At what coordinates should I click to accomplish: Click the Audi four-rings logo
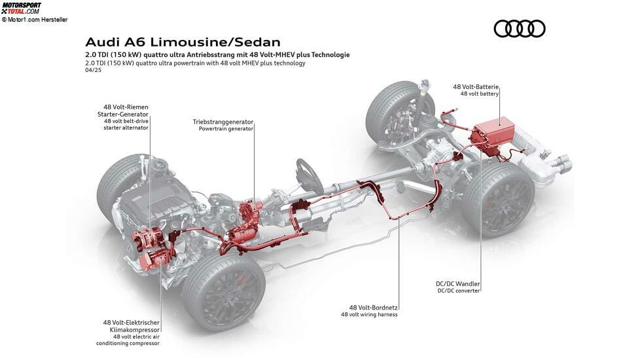519,29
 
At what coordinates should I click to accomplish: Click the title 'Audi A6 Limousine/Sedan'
183,42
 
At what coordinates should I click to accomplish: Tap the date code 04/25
93,70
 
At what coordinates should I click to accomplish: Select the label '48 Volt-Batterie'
476,86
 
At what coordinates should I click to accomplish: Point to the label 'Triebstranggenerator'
223,122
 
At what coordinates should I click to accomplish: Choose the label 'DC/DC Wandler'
457,283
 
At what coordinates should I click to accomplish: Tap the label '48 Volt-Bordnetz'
374,308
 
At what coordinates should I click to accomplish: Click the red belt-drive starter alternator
147,239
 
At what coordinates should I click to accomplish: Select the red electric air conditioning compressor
152,260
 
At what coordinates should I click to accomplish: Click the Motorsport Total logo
21,8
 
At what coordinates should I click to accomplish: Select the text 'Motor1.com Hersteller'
37,19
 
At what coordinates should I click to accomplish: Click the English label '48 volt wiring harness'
369,314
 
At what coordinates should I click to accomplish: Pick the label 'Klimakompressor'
135,329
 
